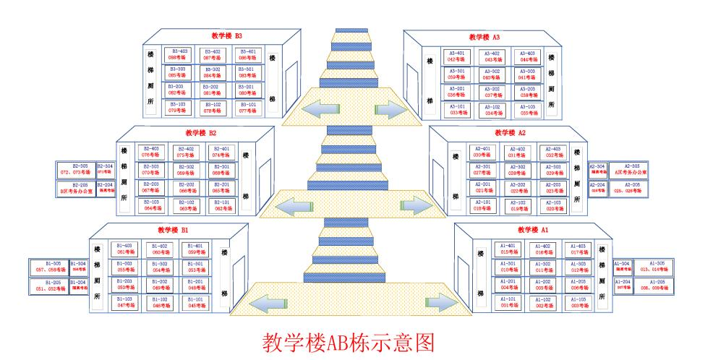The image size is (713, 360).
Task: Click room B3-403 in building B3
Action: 179,54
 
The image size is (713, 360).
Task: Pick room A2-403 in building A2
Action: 553,152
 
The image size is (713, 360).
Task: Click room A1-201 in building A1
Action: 508,284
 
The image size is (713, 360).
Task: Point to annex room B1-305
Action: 48,267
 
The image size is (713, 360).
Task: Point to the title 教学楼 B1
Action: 173,230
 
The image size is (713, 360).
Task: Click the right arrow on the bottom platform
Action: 440,302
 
